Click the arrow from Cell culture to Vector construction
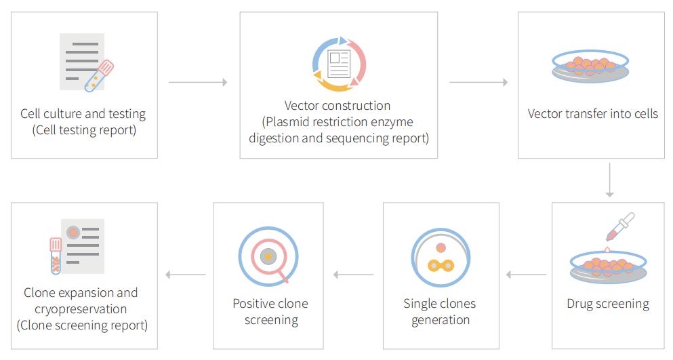coord(198,82)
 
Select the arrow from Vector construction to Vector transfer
coord(478,82)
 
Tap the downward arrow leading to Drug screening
coord(609,180)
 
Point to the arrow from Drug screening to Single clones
coord(526,275)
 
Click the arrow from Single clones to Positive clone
coord(354,275)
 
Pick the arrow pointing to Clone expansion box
coord(186,275)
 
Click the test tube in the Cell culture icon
coord(99,76)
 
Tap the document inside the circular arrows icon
coord(339,64)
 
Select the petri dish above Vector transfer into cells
coord(590,66)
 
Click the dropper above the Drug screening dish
coord(620,227)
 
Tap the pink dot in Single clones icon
coord(441,247)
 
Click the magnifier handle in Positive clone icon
coord(283,277)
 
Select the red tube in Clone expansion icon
coord(56,256)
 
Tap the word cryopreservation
coord(81,309)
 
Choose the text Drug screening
coord(608,304)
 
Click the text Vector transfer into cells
coord(593,113)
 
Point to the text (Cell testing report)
coord(84,129)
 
